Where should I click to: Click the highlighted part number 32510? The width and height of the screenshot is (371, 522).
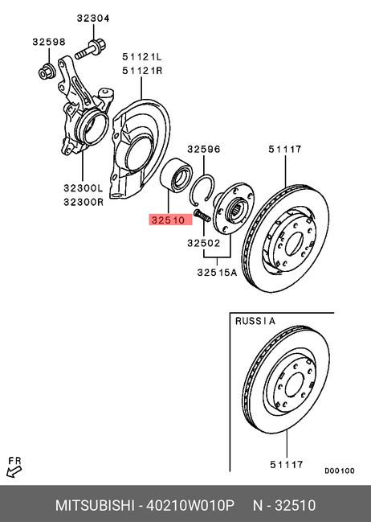[x=168, y=220]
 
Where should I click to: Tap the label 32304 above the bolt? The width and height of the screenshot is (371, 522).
[x=93, y=18]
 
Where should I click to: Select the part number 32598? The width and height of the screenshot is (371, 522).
[x=49, y=42]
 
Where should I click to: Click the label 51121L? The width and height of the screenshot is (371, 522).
[x=142, y=57]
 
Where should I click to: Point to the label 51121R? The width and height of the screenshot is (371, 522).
[x=142, y=71]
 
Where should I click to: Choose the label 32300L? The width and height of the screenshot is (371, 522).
[x=84, y=188]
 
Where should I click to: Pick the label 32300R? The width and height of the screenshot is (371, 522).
[x=84, y=202]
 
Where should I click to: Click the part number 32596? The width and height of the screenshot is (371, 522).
[x=204, y=149]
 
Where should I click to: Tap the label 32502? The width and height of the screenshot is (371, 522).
[x=204, y=243]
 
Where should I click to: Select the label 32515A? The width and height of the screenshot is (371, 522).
[x=217, y=273]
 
